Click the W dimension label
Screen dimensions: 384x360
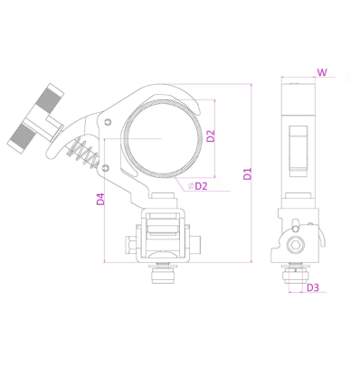(x=323, y=70)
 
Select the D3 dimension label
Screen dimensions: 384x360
(x=312, y=288)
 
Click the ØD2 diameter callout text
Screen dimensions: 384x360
(x=199, y=186)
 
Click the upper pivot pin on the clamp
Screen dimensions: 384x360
(x=108, y=121)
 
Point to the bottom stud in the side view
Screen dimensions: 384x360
(x=296, y=269)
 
